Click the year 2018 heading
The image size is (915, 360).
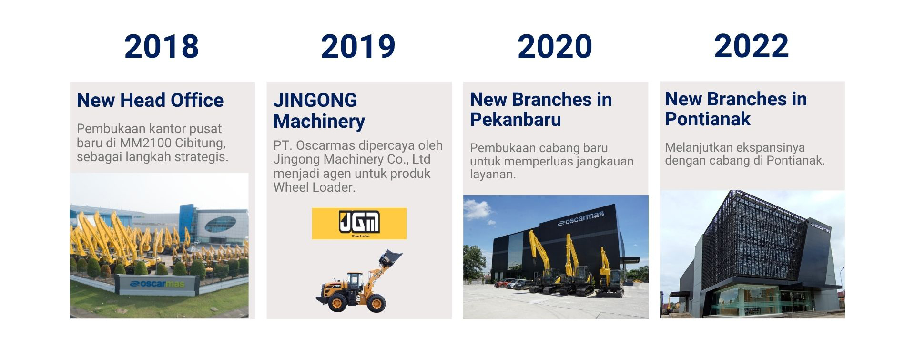pos(162,47)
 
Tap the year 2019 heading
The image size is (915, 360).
pos(358,47)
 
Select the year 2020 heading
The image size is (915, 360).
pos(555,47)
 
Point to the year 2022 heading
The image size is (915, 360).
pos(751,47)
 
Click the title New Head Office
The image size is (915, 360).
pos(150,100)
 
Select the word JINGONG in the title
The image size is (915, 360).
pos(315,100)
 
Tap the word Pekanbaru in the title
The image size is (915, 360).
pos(516,119)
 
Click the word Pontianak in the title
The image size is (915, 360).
pos(708,119)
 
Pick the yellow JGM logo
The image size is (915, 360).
pos(359,224)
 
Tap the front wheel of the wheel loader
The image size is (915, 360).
pos(376,303)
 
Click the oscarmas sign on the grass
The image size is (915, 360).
pos(157,284)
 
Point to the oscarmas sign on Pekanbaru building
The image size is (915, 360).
pos(580,218)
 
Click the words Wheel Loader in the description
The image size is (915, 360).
pos(314,187)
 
